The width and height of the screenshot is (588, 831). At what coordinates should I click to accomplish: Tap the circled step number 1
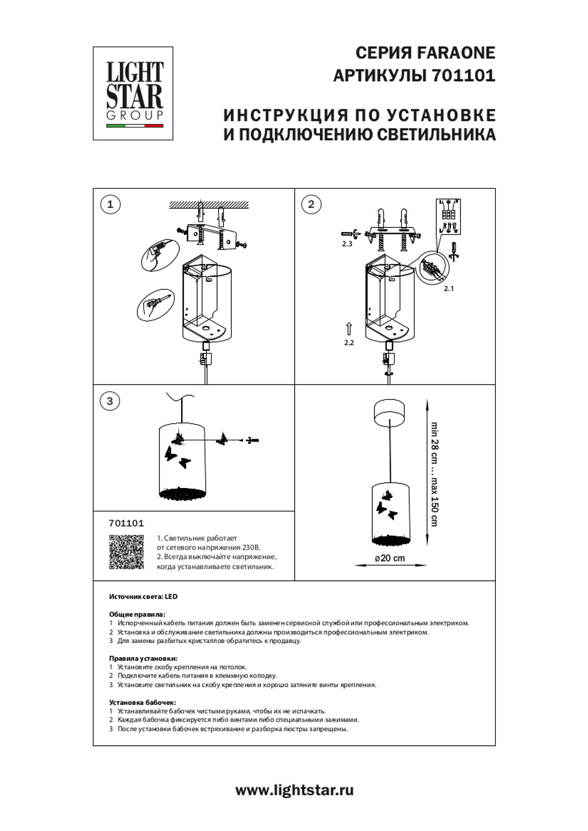110,204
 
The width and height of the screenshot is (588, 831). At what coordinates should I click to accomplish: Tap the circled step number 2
311,204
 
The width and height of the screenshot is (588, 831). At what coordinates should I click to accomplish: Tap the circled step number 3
110,401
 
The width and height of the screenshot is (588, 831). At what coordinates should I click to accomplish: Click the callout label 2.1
449,288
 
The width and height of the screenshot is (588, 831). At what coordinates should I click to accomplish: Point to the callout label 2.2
349,342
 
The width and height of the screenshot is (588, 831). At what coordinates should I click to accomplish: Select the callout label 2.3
347,244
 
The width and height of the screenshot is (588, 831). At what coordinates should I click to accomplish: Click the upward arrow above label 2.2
349,328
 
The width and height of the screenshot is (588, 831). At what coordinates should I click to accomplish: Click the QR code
126,552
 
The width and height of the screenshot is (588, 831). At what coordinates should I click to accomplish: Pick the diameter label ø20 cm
390,558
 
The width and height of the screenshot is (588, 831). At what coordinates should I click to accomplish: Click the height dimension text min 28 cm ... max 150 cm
434,473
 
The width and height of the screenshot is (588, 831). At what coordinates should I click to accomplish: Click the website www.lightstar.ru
294,790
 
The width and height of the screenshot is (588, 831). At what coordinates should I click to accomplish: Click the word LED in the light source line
171,597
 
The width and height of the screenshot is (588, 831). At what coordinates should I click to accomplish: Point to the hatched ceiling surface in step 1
209,204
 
